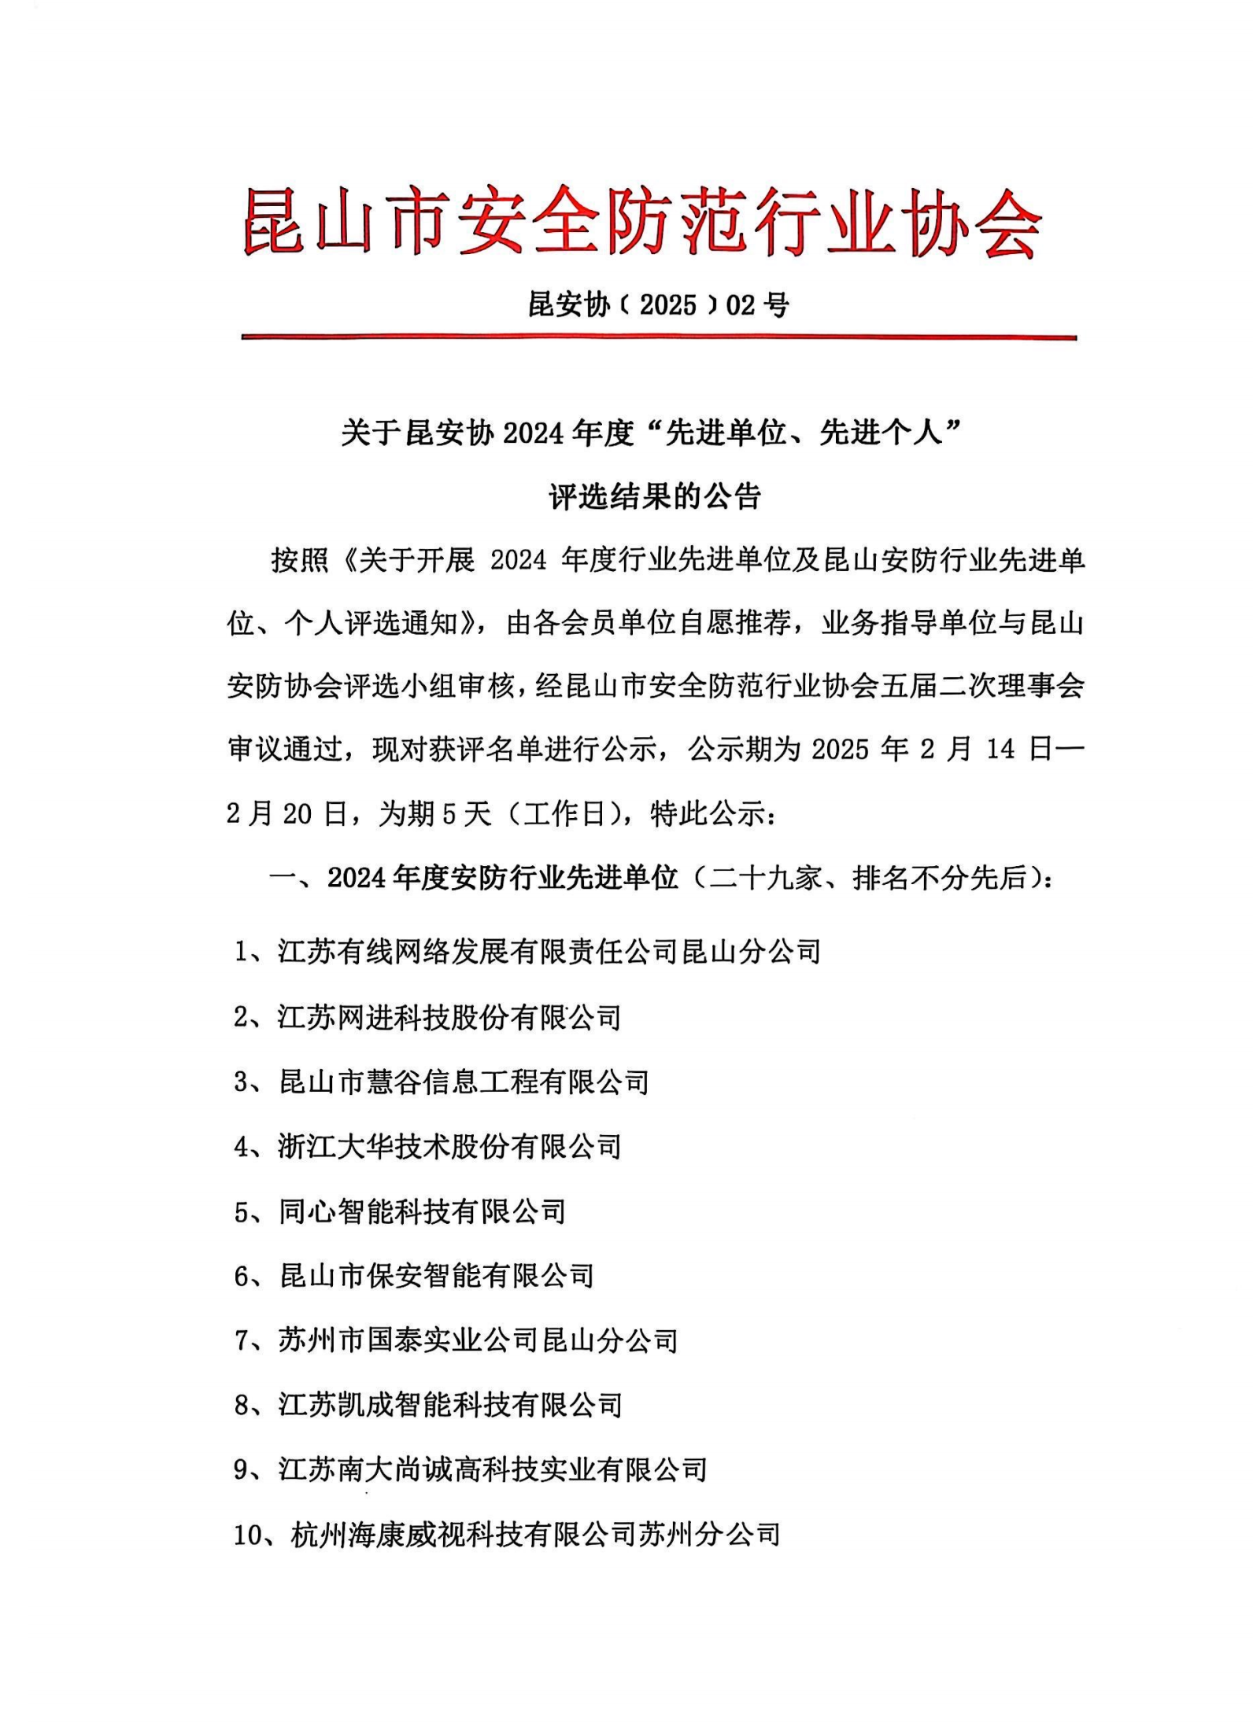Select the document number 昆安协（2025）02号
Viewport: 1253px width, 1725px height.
coord(658,304)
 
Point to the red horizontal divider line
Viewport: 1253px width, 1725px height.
coord(658,337)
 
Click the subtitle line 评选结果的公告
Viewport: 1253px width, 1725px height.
coord(655,497)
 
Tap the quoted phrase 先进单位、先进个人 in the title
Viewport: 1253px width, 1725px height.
coord(804,433)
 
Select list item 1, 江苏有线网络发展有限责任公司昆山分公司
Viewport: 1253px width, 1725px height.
coord(527,952)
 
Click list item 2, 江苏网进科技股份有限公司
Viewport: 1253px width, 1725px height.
coord(427,1018)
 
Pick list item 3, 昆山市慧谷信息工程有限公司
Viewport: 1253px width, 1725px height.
coord(442,1082)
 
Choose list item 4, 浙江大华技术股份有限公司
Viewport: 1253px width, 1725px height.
coord(427,1147)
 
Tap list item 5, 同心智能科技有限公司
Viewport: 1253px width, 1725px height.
coord(400,1211)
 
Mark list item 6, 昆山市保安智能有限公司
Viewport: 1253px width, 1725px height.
coord(414,1276)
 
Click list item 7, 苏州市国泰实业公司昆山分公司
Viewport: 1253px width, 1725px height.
coord(456,1340)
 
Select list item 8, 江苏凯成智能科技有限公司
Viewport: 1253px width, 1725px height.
coord(428,1405)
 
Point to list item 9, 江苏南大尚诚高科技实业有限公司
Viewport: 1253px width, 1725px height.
coord(470,1469)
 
